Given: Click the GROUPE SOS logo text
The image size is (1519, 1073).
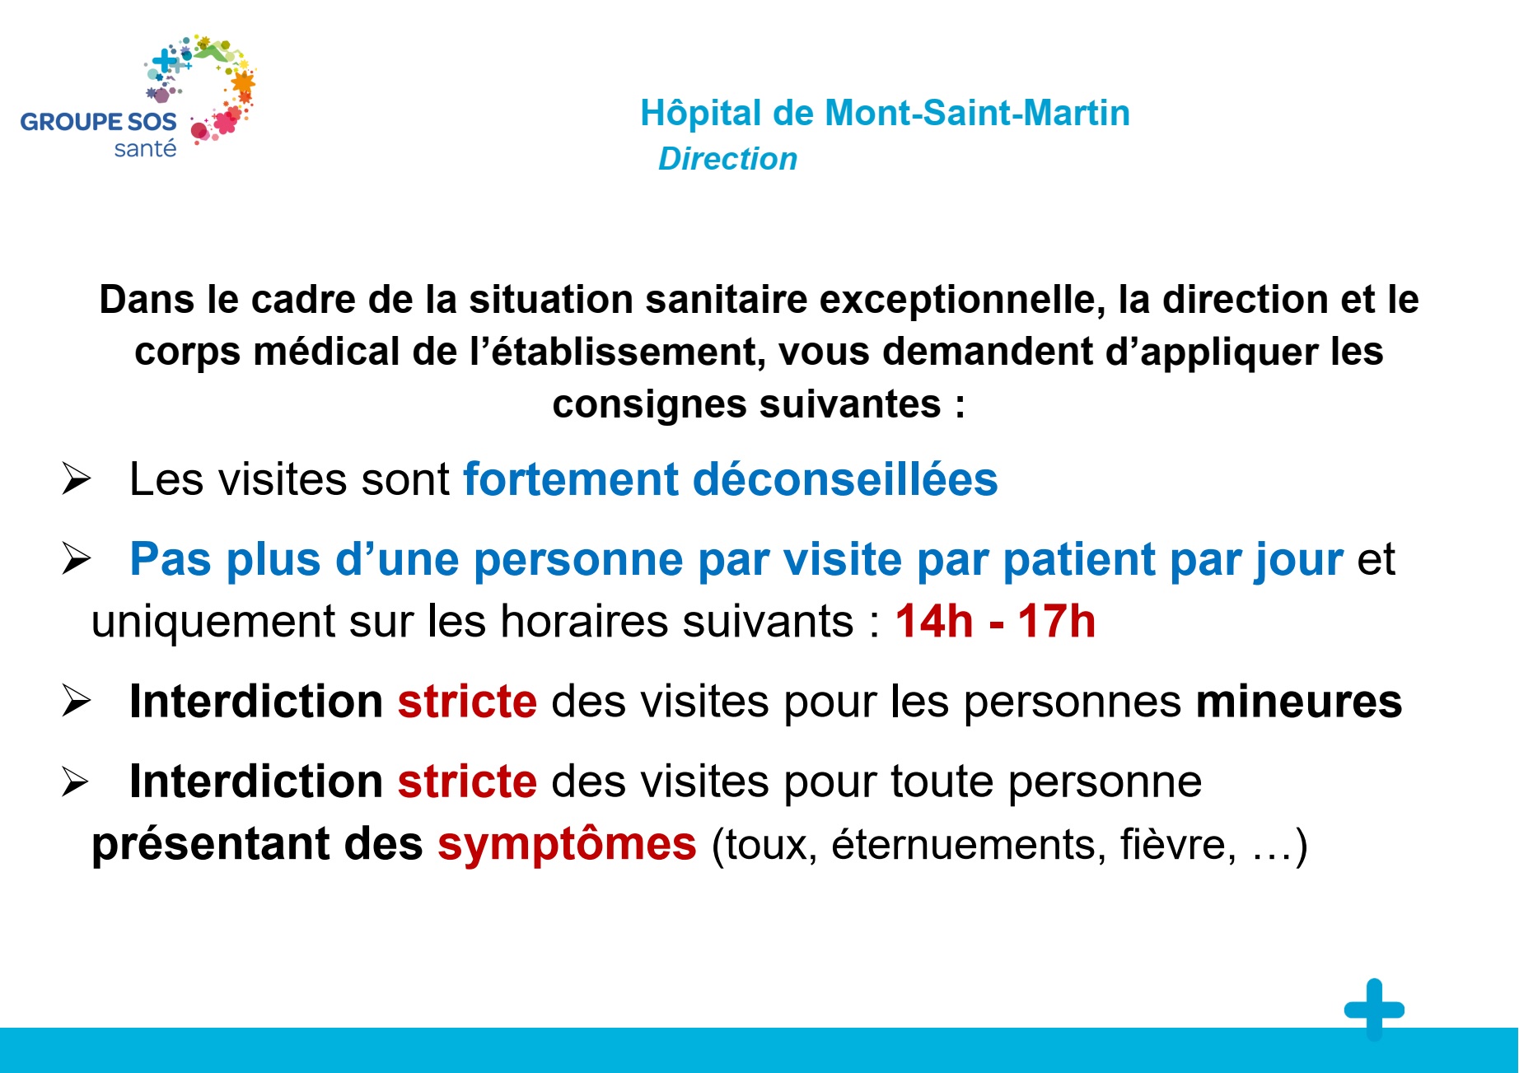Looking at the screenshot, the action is [x=98, y=122].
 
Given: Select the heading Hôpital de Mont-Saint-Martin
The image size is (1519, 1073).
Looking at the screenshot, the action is [x=885, y=113].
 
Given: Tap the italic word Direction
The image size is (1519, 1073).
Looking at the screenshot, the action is [x=728, y=159].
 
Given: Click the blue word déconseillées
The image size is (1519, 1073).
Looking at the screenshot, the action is [x=845, y=479].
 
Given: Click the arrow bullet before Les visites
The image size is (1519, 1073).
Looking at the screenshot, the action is [x=76, y=478].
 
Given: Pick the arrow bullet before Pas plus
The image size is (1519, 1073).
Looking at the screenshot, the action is [x=76, y=559].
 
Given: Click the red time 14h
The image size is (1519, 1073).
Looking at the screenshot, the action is [x=934, y=621].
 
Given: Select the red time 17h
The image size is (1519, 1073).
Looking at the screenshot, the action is [x=1057, y=621].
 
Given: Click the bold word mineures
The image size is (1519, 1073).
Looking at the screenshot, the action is [x=1299, y=702].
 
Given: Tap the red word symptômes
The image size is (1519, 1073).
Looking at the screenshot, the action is [x=567, y=845].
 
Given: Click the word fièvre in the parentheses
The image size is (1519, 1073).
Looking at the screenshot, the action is [x=1178, y=845].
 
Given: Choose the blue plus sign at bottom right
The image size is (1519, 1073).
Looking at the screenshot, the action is [x=1374, y=1009].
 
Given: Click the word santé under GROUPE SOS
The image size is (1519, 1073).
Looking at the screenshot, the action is [x=145, y=149].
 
